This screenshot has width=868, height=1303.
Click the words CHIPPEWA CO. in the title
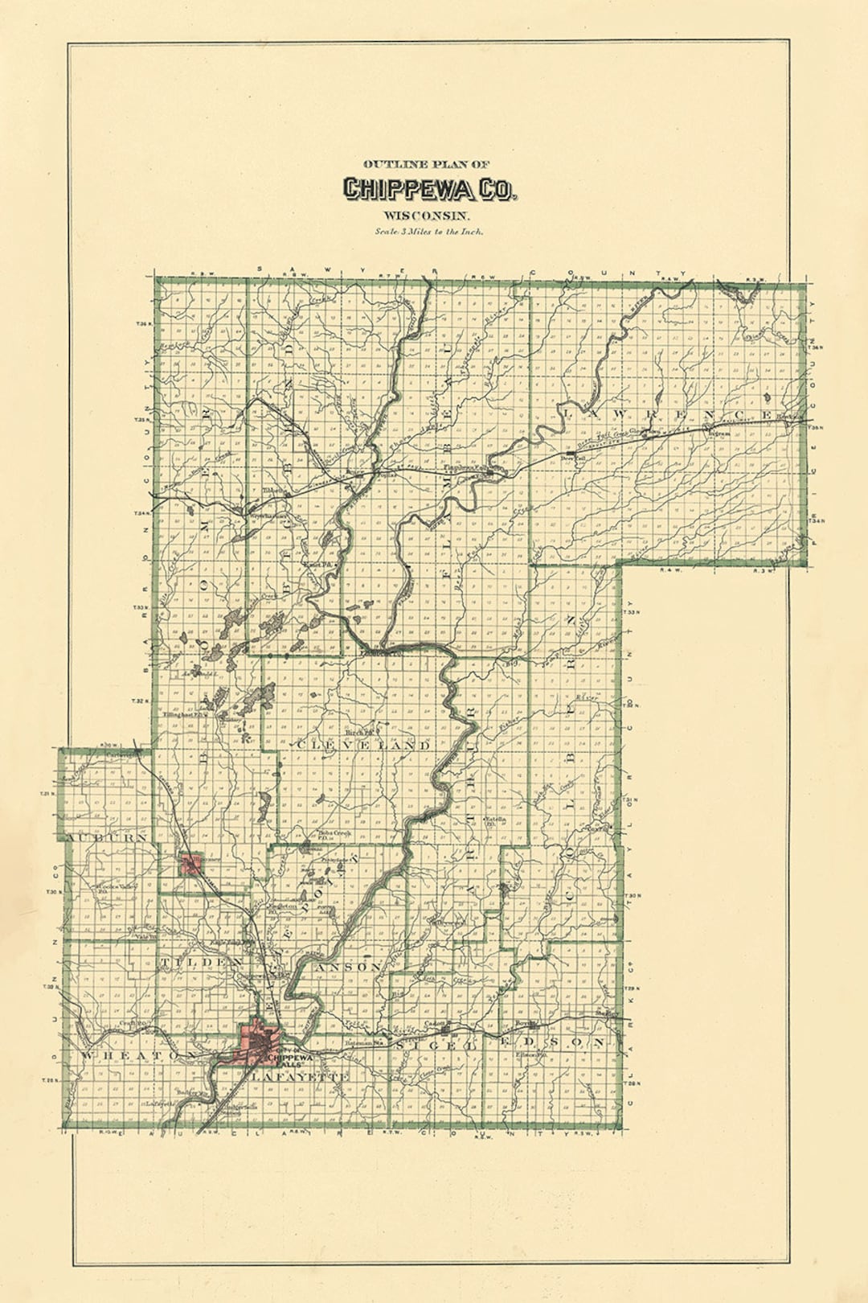coord(431,189)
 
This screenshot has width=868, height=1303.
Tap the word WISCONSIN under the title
coord(426,216)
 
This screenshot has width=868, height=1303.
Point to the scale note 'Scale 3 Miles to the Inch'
coord(428,232)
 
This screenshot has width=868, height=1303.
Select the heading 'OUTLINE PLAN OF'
coord(426,164)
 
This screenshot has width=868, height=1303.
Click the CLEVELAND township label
coord(363,746)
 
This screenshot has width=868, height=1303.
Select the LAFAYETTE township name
coord(301,1076)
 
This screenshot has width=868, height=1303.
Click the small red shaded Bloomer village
coord(192,865)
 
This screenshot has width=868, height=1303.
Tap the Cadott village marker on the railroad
coord(435,1026)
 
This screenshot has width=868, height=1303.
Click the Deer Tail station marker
coord(571,454)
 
